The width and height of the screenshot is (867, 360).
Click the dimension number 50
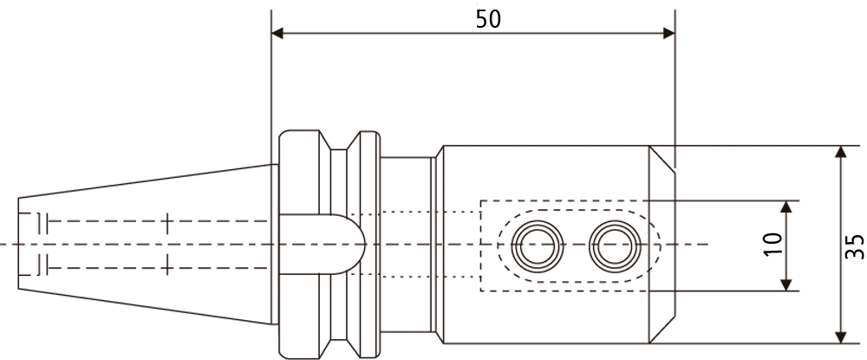pyautogui.click(x=488, y=19)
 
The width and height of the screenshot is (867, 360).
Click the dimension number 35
pyautogui.click(x=854, y=246)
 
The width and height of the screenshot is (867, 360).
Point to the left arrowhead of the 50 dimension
pyautogui.click(x=277, y=33)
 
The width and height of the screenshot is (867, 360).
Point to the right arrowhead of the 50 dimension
pyautogui.click(x=668, y=33)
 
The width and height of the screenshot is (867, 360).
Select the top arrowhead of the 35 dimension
pyautogui.click(x=840, y=152)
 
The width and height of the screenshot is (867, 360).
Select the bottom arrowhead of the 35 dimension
pyautogui.click(x=840, y=337)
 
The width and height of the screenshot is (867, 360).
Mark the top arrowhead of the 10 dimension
pyautogui.click(x=786, y=206)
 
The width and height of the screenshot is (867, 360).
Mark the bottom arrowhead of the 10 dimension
pyautogui.click(x=786, y=285)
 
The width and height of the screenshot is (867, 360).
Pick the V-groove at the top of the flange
pyautogui.click(x=340, y=141)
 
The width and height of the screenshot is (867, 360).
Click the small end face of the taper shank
pyautogui.click(x=18, y=243)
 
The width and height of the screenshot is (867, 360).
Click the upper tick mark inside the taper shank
pyautogui.click(x=167, y=221)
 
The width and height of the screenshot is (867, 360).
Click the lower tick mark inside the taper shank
pyautogui.click(x=167, y=268)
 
